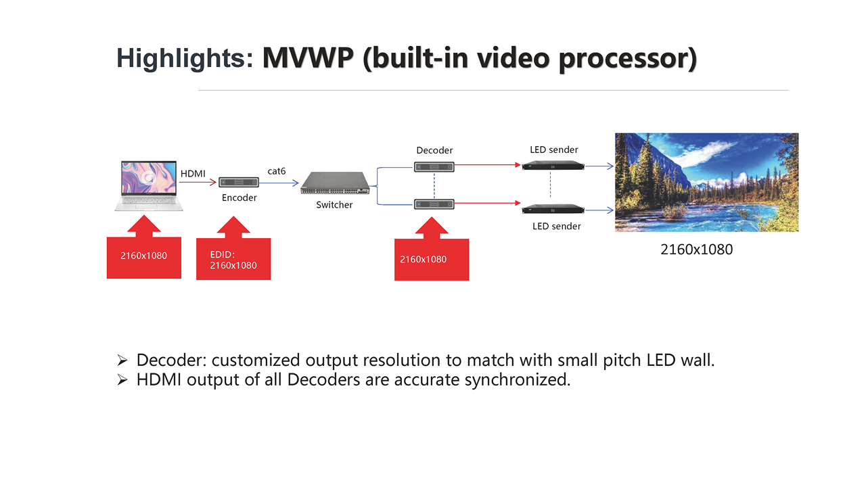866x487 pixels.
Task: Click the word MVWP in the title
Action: click(308, 58)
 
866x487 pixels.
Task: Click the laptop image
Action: click(149, 186)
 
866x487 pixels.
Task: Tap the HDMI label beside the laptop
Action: click(193, 174)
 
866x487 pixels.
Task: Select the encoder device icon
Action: click(239, 182)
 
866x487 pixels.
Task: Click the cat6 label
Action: click(277, 171)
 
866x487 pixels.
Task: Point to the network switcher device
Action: click(335, 183)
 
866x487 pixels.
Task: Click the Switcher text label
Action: click(334, 205)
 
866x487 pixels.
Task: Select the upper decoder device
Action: click(434, 167)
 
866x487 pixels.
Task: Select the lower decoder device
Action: click(434, 204)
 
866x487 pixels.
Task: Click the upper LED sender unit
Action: click(553, 166)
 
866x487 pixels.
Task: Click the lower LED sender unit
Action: click(553, 209)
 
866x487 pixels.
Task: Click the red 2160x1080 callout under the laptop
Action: click(144, 247)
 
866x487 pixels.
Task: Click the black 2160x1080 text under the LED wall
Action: click(697, 250)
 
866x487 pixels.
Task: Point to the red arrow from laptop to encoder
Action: click(198, 182)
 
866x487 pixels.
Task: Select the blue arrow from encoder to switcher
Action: click(279, 183)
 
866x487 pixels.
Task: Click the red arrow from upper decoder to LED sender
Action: click(488, 165)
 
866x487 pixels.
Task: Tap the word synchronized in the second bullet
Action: click(518, 380)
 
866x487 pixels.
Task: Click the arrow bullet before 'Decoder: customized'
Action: click(122, 361)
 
